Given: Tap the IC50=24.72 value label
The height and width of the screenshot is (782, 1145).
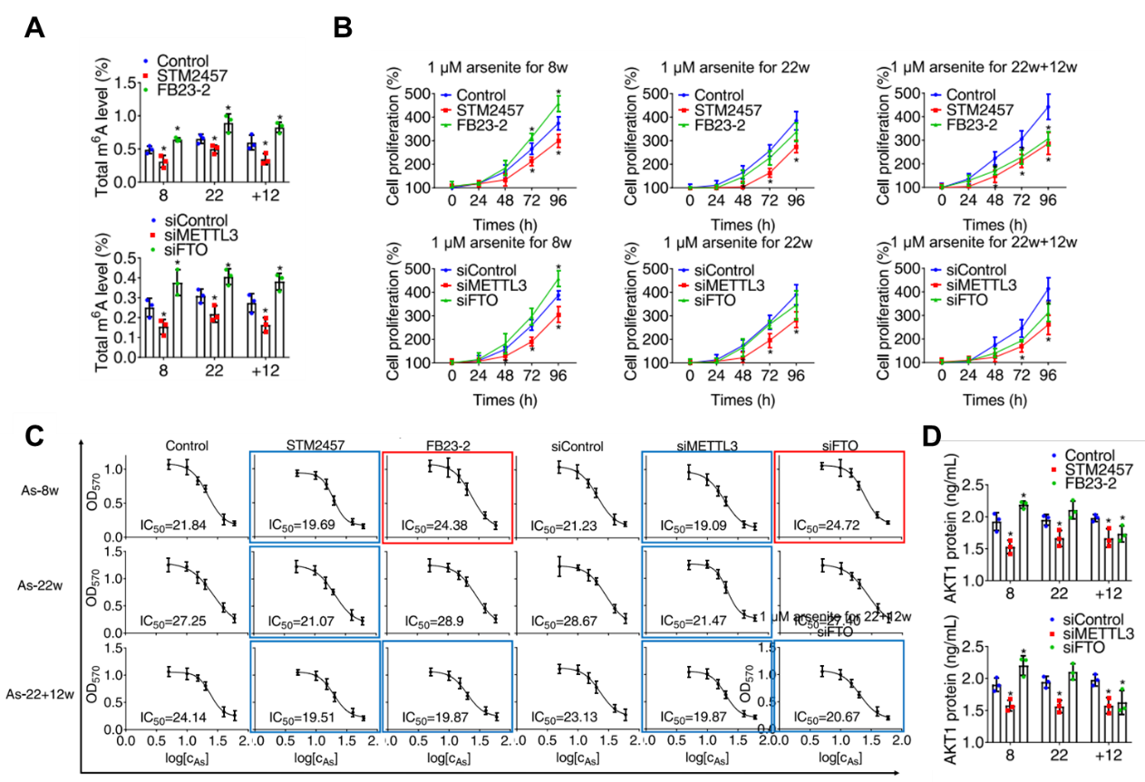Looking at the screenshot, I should pos(828,525).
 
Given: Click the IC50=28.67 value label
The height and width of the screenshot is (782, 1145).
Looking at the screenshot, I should pos(568,621).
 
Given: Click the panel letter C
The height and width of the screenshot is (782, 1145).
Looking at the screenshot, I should pos(34,436).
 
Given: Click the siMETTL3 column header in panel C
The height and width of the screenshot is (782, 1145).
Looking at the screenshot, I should pos(703,446).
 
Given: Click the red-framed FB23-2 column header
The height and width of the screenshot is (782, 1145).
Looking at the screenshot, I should pos(446,446).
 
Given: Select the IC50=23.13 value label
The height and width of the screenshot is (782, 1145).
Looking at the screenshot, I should pos(568,718).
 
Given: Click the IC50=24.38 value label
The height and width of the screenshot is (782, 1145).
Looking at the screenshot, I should pos(437,525).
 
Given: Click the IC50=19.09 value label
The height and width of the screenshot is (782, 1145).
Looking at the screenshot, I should pos(697,525).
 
